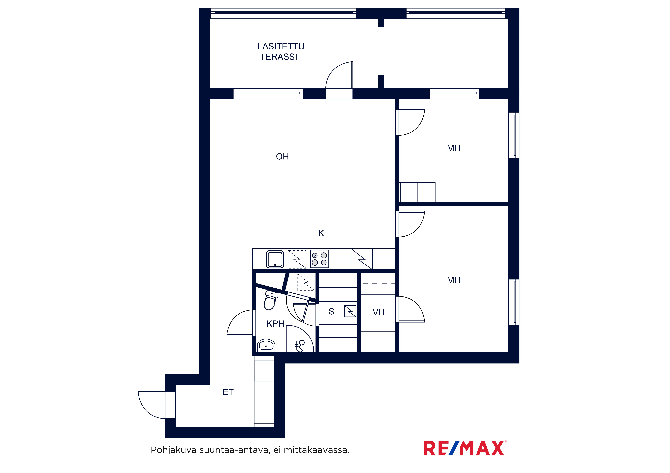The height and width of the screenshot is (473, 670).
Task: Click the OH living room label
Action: click(x=282, y=157)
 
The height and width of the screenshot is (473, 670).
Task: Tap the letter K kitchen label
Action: click(x=321, y=233)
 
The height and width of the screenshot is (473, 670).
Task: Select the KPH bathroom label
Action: click(x=275, y=324)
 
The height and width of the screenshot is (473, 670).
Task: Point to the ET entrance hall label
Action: click(x=228, y=392)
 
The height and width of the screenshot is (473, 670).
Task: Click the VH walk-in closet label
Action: click(x=378, y=312)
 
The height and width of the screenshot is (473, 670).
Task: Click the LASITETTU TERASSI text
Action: click(x=281, y=52)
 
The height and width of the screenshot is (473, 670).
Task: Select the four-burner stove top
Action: click(x=319, y=259)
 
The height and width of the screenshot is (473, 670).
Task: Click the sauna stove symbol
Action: click(x=350, y=311)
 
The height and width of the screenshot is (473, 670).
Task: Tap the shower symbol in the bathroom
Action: click(x=300, y=346)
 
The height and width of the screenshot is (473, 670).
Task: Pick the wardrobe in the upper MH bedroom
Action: click(x=417, y=192)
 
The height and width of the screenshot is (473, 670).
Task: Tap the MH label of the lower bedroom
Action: click(x=453, y=280)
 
